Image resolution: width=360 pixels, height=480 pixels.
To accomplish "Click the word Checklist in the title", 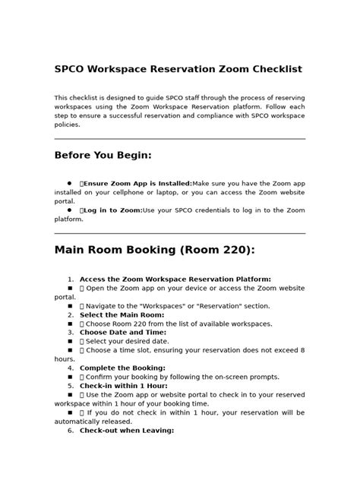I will [x=274, y=69].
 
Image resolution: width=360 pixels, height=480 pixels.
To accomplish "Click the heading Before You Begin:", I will [x=103, y=156].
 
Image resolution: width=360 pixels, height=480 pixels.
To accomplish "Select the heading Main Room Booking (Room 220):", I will [x=154, y=251].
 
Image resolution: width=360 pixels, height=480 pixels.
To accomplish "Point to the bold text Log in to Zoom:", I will [x=113, y=210].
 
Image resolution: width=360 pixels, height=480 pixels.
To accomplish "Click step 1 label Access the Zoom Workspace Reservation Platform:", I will [x=175, y=279].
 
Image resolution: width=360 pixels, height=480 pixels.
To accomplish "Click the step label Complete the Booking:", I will [x=122, y=368].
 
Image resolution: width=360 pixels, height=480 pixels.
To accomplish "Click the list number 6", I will [x=70, y=430].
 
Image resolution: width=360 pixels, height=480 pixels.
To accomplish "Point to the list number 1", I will [x=70, y=279].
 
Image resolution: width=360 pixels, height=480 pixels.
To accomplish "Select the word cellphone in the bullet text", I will [x=122, y=192].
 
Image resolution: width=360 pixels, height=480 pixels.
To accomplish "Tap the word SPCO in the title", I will [x=70, y=69].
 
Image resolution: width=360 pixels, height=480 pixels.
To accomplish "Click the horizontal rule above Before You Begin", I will [x=179, y=139].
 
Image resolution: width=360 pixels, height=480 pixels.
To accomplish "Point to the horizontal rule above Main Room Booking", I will [x=179, y=233].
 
